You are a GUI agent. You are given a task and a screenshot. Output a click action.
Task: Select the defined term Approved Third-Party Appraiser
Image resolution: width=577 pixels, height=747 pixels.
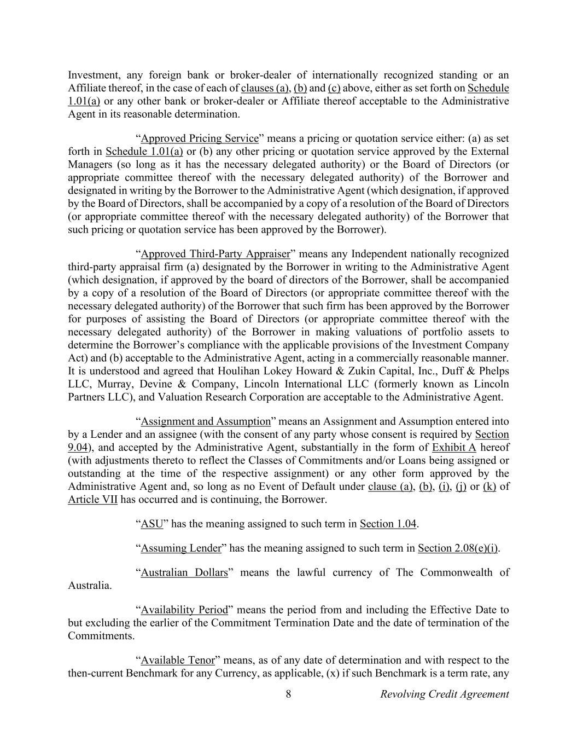215,254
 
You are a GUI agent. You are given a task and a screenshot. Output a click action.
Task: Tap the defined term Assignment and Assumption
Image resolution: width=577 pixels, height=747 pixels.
206,421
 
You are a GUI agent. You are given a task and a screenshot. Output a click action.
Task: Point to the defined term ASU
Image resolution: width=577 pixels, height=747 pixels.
152,524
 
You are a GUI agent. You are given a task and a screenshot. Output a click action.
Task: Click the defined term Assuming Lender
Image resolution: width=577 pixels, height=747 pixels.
181,548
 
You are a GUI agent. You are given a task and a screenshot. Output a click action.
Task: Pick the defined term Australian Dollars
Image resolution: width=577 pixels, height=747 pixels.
184,573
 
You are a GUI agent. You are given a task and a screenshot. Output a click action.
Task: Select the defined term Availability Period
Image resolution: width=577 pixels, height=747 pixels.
184,610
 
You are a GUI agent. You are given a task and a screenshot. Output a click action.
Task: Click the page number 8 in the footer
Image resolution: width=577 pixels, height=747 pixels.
288,694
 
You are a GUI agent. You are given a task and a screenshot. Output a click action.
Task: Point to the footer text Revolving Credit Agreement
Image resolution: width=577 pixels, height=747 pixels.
444,694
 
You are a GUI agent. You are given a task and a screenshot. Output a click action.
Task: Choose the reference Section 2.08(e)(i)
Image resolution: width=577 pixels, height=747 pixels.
458,548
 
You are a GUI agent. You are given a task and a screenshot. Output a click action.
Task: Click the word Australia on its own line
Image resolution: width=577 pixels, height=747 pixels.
90,586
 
